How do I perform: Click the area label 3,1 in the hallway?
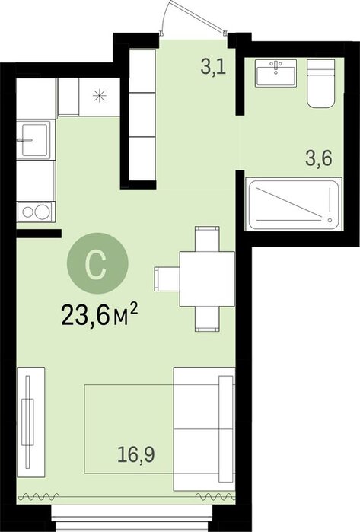tap(213, 66)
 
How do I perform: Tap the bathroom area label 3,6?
tap(319, 158)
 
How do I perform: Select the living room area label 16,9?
tap(136, 454)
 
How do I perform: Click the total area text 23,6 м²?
tap(100, 314)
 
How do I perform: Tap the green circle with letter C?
tap(97, 263)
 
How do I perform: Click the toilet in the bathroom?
tap(320, 84)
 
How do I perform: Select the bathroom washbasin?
tap(276, 72)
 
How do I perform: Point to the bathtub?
tap(293, 205)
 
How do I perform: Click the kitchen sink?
tap(35, 140)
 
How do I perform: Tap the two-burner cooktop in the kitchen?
tap(36, 212)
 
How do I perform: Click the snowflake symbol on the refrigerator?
tap(100, 96)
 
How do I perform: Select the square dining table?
tap(207, 279)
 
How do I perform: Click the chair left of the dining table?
tap(167, 279)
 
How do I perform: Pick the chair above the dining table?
tap(207, 239)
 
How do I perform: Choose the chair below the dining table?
tap(207, 319)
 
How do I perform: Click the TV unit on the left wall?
tap(30, 422)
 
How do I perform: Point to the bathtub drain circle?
tap(330, 220)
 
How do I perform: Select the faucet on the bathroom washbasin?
tap(276, 66)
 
